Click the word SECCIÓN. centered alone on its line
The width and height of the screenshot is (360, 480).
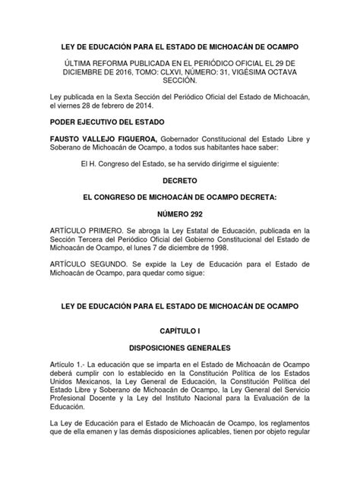179,80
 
